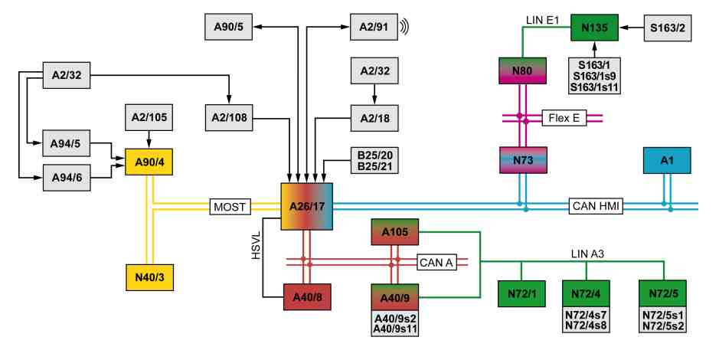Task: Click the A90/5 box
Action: point(228,27)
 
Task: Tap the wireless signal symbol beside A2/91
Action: point(404,27)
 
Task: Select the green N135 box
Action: point(594,28)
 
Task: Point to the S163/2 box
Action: point(668,28)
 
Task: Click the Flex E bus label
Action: point(564,118)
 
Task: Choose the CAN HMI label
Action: point(596,206)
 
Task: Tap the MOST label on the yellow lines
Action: point(230,207)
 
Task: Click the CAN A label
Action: point(436,262)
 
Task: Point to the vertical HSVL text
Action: point(256,245)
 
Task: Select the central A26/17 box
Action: point(307,206)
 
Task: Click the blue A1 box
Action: point(667,161)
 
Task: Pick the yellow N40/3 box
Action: point(149,277)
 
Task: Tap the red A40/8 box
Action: point(307,296)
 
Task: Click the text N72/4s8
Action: point(586,326)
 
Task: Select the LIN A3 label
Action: point(587,254)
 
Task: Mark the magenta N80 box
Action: point(522,70)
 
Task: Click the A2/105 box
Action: point(149,117)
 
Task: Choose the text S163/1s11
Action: point(595,87)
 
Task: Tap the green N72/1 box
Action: point(521,293)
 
